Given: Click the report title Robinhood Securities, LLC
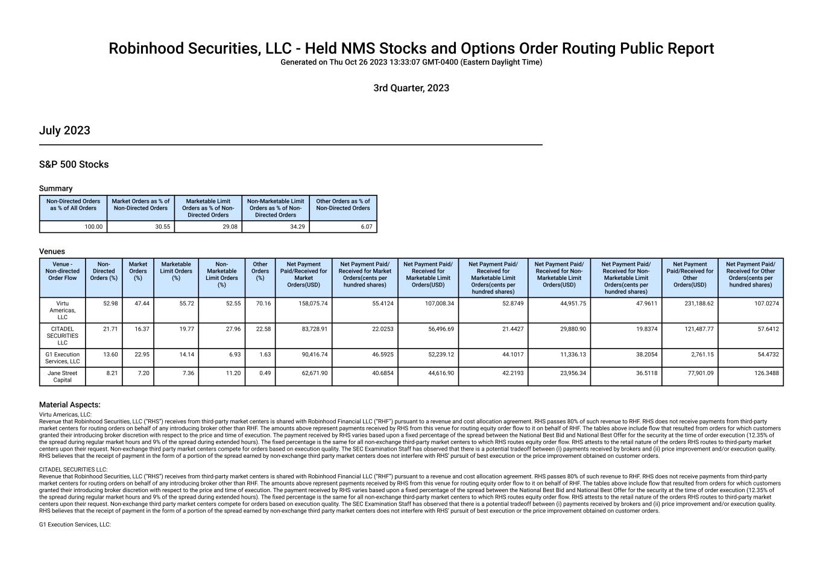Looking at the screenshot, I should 411,49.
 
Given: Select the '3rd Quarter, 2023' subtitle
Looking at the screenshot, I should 411,88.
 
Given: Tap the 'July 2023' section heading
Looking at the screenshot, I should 65,131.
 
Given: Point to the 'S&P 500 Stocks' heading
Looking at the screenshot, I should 74,165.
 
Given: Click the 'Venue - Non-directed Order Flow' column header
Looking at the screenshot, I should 63,271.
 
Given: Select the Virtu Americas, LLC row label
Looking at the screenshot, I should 63,310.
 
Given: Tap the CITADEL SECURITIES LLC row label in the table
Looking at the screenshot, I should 63,335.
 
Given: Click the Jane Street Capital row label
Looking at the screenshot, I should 63,376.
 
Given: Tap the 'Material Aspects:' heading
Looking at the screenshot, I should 69,405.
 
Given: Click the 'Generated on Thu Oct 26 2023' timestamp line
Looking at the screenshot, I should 411,62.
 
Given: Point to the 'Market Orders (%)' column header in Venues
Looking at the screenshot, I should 138,271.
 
